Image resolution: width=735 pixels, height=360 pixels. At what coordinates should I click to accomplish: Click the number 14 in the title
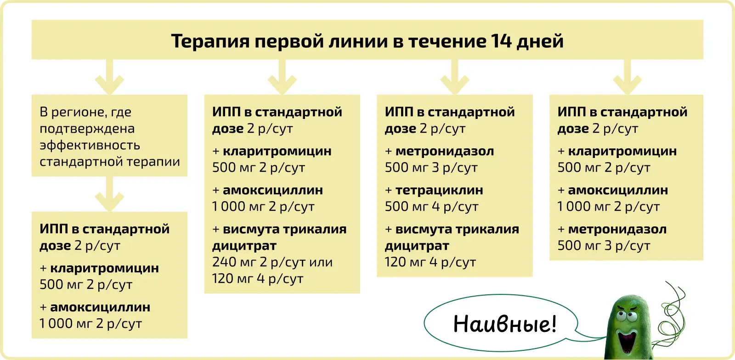(x=501, y=41)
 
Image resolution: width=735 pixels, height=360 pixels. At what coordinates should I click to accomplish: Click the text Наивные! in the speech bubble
(x=505, y=324)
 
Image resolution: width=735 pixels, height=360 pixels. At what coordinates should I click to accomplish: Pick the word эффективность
(x=90, y=146)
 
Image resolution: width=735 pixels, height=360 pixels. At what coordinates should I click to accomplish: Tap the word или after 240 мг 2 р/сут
(x=321, y=262)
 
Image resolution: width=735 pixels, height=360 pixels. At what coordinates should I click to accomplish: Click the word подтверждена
(x=87, y=129)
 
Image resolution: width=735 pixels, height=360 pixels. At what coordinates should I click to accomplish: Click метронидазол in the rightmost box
(x=617, y=229)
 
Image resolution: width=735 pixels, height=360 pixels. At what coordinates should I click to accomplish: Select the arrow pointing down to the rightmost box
(x=627, y=77)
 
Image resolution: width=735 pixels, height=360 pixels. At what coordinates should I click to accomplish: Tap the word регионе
(x=79, y=112)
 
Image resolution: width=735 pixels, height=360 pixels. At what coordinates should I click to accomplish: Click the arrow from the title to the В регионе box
(x=109, y=77)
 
